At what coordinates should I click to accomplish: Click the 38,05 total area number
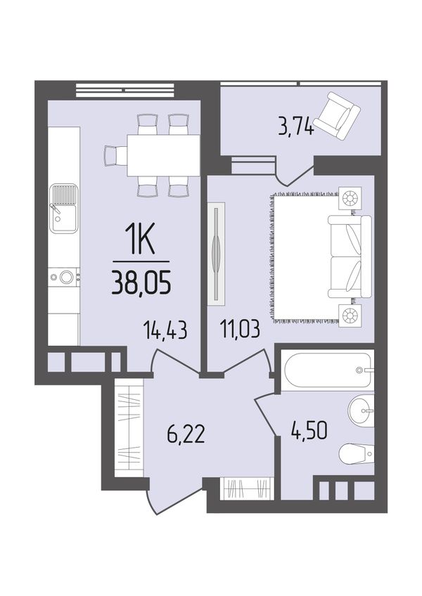[x=141, y=283]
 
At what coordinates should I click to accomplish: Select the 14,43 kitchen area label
[x=165, y=330]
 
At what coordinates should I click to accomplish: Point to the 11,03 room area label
[x=239, y=329]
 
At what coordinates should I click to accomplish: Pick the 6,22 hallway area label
[x=186, y=434]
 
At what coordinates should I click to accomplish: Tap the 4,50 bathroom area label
[x=308, y=431]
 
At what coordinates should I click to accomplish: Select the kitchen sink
[x=64, y=208]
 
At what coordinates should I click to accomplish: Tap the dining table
[x=163, y=155]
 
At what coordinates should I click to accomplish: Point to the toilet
[x=356, y=453]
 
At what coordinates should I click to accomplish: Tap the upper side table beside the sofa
[x=350, y=197]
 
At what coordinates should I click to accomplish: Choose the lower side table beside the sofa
[x=350, y=315]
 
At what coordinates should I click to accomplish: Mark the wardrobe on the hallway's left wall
[x=129, y=428]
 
